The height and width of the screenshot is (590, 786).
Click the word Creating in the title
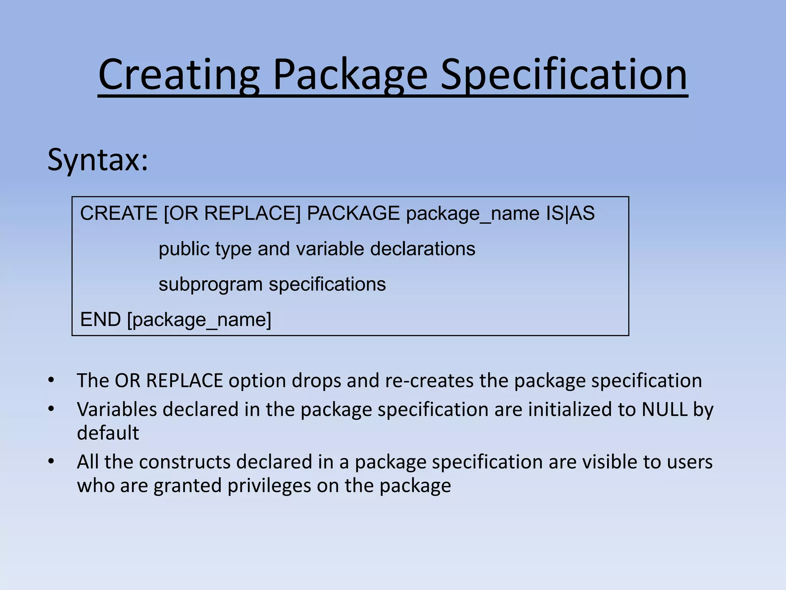179,75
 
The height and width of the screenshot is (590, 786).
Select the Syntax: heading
98,160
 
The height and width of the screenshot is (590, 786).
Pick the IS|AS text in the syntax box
570,213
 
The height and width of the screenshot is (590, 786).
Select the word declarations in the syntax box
423,249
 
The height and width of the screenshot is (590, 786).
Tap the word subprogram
211,285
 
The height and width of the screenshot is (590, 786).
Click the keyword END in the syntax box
101,320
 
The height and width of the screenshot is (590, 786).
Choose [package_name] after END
199,320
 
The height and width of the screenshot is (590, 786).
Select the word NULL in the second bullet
664,409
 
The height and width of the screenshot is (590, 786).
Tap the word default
108,433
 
